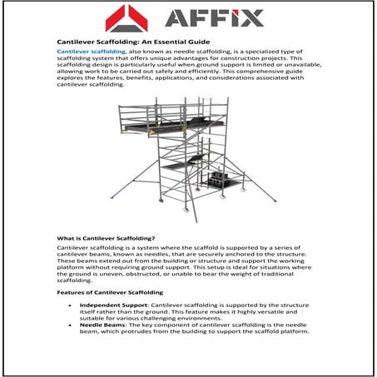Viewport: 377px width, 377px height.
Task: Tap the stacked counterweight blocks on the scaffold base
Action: (x=223, y=178)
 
